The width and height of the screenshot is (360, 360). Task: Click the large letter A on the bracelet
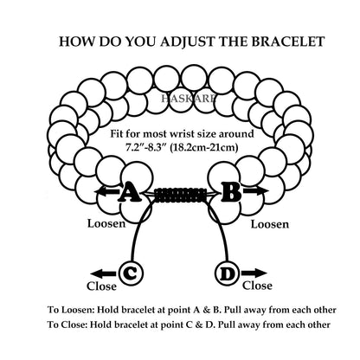(x=130, y=192)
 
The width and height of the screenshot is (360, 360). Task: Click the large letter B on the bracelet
(x=231, y=192)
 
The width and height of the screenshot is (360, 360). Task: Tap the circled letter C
(x=131, y=273)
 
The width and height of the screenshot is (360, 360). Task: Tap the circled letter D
(x=228, y=273)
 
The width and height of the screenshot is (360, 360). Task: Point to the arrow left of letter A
(x=106, y=191)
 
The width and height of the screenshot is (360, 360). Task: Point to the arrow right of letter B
(x=255, y=190)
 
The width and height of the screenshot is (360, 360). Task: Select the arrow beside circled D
(x=254, y=273)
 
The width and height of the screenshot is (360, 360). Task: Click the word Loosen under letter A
(x=106, y=223)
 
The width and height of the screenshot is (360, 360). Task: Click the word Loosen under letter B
(x=270, y=224)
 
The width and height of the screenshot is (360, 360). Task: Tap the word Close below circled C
(x=101, y=286)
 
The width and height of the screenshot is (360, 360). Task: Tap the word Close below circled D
(x=257, y=286)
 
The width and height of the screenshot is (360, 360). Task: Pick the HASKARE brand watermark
(x=188, y=99)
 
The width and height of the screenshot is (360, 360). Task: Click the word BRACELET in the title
(x=287, y=42)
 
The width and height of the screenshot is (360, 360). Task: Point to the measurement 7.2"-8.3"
(x=145, y=148)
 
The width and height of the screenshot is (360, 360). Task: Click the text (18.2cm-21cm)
(x=204, y=148)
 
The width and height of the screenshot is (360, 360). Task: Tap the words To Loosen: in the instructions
(x=71, y=311)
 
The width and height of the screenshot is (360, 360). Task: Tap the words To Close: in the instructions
(x=67, y=325)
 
